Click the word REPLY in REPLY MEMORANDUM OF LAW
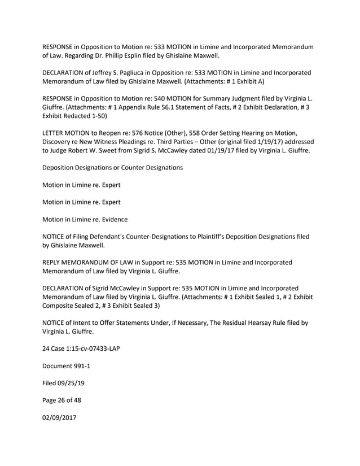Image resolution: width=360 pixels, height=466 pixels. click(53, 263)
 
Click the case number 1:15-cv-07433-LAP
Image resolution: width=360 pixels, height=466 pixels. click(86, 349)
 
